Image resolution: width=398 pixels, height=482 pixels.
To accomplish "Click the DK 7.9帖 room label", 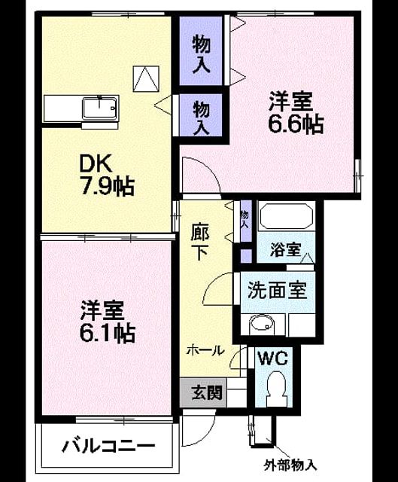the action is coord(107,175).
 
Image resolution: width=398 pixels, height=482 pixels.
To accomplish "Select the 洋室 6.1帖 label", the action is coord(107,322).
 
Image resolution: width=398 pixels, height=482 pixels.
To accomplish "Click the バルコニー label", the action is coord(108,446).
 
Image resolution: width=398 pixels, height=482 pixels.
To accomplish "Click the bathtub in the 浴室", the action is coord(287,215).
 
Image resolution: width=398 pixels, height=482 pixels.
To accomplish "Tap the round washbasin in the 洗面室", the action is coord(262,325).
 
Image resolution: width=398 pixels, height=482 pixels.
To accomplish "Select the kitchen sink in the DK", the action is coord(100,108).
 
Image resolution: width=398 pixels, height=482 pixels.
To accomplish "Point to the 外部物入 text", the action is coord(290,465).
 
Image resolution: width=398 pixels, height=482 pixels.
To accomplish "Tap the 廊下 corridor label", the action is coord(200,242).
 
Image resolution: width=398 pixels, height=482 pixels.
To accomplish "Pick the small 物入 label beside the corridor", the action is coord(245,219).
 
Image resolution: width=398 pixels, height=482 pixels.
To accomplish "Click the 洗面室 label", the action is coord(278,290).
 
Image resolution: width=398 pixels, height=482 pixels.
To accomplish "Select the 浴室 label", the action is coord(286,249).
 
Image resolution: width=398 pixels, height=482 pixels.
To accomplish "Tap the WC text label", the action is coord(272,358).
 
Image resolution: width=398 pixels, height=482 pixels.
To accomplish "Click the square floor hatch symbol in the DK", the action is coord(146,78).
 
